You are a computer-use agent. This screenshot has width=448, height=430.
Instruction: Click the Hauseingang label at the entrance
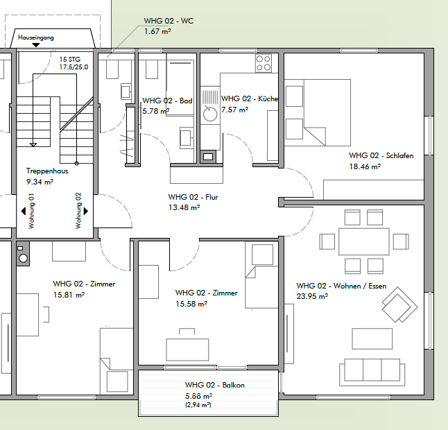[35, 37]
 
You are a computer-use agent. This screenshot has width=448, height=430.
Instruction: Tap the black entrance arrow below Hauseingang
[35, 45]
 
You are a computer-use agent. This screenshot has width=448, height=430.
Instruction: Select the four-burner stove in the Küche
[264, 63]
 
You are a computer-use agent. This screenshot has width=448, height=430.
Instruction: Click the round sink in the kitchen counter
[210, 114]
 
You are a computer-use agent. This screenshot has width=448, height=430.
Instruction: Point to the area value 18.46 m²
[365, 166]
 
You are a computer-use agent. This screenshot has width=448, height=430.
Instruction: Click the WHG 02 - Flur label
[193, 197]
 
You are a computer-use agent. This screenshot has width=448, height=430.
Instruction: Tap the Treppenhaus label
[47, 171]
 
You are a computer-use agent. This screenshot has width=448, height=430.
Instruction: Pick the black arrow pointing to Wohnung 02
[86, 211]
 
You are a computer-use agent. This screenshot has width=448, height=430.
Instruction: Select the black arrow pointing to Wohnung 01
[24, 211]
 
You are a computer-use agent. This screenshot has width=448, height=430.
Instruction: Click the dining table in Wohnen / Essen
[363, 241]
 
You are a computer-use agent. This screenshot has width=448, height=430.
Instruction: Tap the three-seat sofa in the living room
[372, 372]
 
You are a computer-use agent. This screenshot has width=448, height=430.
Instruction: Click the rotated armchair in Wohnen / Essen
[399, 305]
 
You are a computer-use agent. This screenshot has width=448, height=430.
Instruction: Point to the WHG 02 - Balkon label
[214, 385]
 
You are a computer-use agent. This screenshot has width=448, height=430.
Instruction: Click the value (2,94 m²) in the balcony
[198, 405]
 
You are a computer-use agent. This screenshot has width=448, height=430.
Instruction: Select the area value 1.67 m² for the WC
[157, 31]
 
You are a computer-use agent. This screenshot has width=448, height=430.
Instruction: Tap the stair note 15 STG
[70, 60]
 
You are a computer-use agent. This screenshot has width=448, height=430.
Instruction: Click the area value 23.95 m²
[312, 296]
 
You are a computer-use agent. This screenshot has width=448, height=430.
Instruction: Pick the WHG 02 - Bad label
[167, 101]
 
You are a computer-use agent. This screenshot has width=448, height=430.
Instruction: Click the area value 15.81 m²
[69, 295]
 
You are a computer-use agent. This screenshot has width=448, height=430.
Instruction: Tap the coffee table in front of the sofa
[372, 338]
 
